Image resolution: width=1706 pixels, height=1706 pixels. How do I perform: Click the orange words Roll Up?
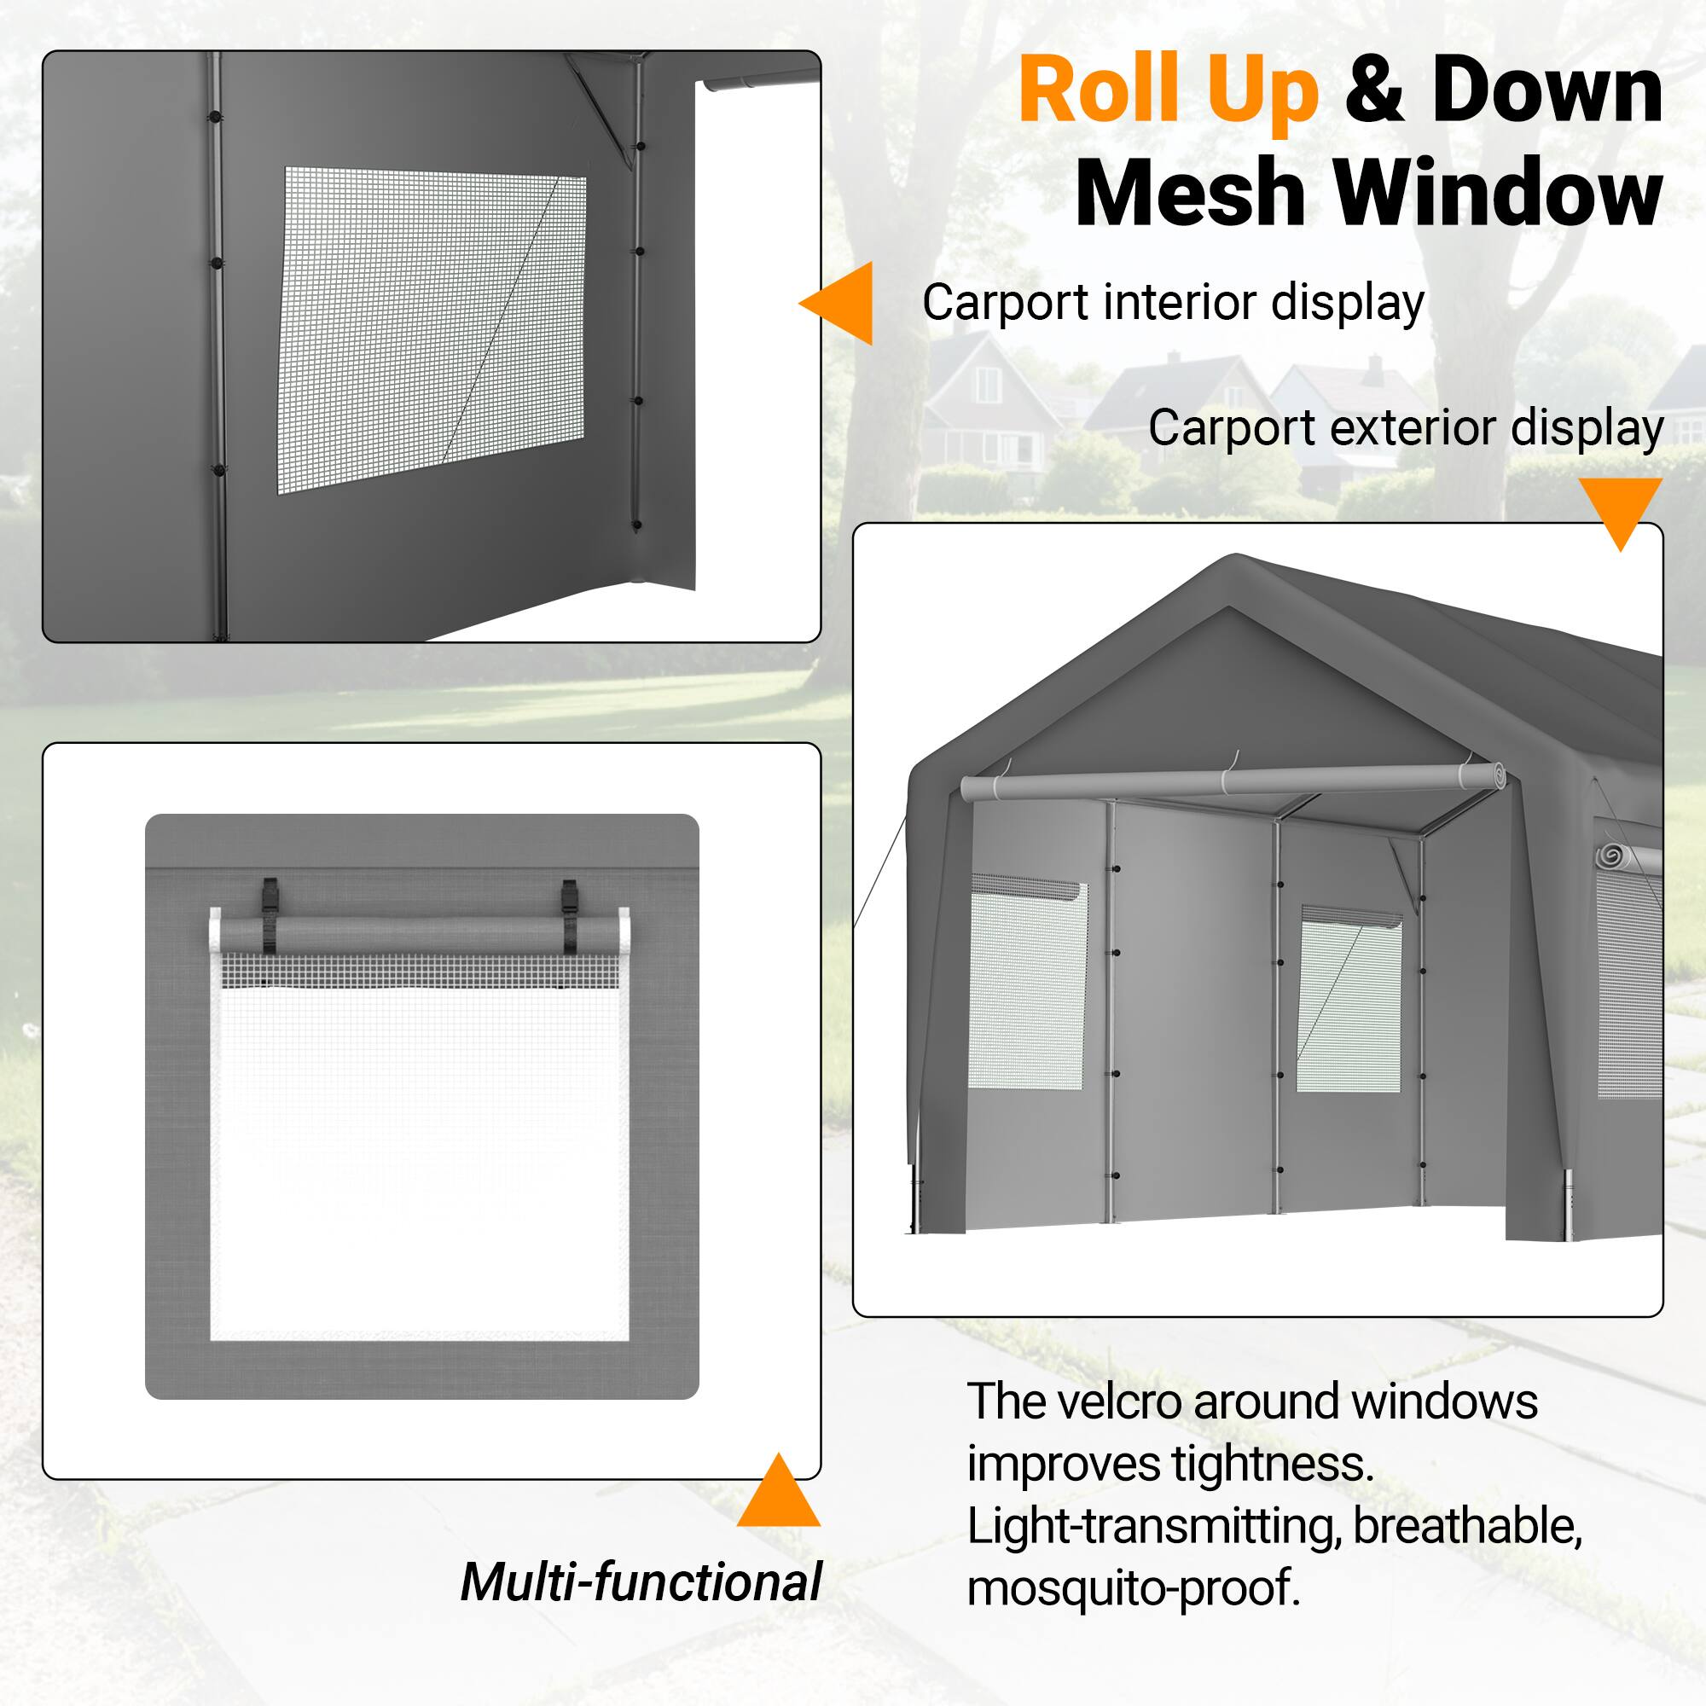(1168, 91)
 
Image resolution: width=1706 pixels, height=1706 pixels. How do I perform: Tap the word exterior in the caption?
(1412, 428)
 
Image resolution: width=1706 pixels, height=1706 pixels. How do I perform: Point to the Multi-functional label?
(641, 1581)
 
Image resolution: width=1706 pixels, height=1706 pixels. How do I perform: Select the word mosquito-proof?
(1133, 1587)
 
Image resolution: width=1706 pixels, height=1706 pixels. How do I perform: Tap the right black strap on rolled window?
(570, 918)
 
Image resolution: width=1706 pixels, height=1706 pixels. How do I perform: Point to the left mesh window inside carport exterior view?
(1028, 982)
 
